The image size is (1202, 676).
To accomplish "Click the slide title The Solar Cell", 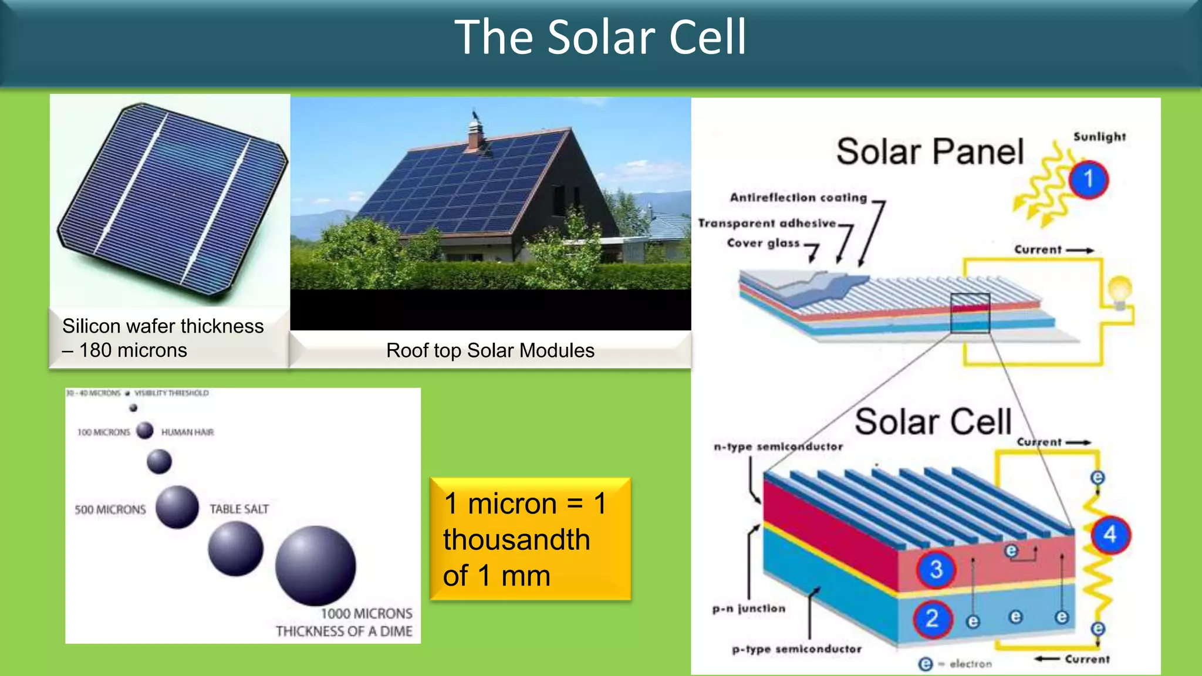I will pyautogui.click(x=600, y=38).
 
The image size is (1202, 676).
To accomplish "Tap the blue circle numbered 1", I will pyautogui.click(x=1088, y=179).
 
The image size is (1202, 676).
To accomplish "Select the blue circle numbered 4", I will pyautogui.click(x=1110, y=535).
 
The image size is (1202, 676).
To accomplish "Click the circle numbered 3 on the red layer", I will pyautogui.click(x=936, y=569).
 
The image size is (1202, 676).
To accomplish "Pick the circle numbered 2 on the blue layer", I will pyautogui.click(x=932, y=618).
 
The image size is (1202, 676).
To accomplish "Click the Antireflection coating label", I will pyautogui.click(x=798, y=198).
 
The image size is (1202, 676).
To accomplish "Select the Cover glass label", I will pyautogui.click(x=763, y=243).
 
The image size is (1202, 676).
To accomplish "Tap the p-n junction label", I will pyautogui.click(x=749, y=609).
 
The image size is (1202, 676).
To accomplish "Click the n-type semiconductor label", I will pyautogui.click(x=778, y=447).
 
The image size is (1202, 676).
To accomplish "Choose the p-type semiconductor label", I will pyautogui.click(x=797, y=649).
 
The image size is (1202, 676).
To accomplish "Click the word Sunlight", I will pyautogui.click(x=1099, y=137).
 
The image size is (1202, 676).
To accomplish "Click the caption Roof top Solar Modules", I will pyautogui.click(x=490, y=350).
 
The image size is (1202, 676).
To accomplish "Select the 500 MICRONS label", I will pyautogui.click(x=110, y=509).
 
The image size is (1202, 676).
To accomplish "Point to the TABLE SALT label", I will pyautogui.click(x=239, y=509).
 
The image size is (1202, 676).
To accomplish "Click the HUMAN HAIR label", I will pyautogui.click(x=187, y=432).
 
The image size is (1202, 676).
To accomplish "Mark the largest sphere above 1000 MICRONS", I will pyautogui.click(x=315, y=565).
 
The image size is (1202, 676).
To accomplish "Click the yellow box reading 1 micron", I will pyautogui.click(x=530, y=539).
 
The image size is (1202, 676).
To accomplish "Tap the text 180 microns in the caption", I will pyautogui.click(x=133, y=350).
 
